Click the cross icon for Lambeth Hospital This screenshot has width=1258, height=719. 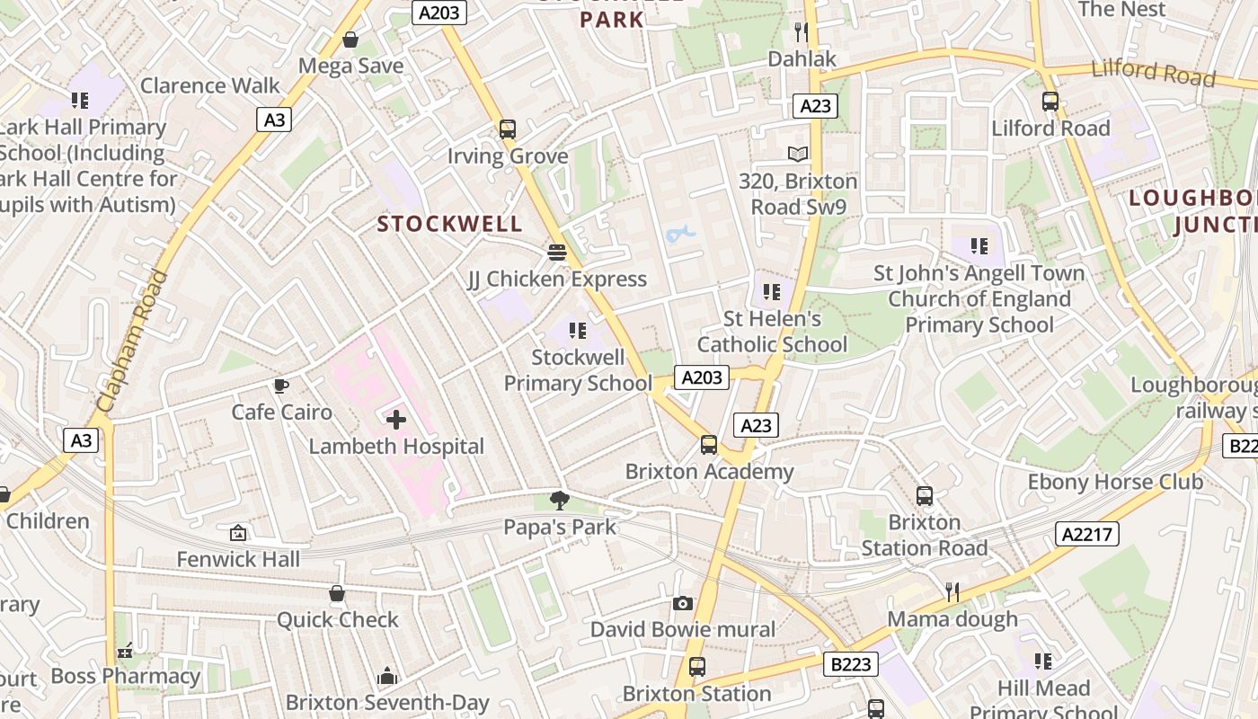tap(395, 420)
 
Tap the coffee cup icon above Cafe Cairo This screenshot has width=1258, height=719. tap(281, 386)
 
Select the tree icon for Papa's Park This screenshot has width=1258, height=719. tap(559, 501)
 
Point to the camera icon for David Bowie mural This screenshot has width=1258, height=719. tap(682, 603)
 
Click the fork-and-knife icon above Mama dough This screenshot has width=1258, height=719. tap(952, 591)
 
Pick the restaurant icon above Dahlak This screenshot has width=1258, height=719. tap(802, 32)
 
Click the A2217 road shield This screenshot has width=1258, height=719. tap(1088, 534)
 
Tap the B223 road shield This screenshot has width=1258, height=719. tap(850, 664)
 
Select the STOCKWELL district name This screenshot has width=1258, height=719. tap(449, 224)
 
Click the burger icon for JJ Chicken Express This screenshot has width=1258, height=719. tap(557, 253)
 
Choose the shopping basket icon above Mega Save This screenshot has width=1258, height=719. tap(350, 40)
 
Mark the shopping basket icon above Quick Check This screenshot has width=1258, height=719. tap(337, 593)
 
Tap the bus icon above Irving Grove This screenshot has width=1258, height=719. tap(508, 129)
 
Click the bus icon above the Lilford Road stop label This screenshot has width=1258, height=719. tap(1050, 102)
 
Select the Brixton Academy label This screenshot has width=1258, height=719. tap(709, 471)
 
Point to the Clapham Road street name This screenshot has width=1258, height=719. tap(132, 342)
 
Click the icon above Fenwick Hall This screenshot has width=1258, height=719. tap(237, 533)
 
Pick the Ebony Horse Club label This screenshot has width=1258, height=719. tap(1114, 482)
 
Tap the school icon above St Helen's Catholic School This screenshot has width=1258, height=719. tap(771, 292)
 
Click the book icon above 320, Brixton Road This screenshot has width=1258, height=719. tap(798, 154)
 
